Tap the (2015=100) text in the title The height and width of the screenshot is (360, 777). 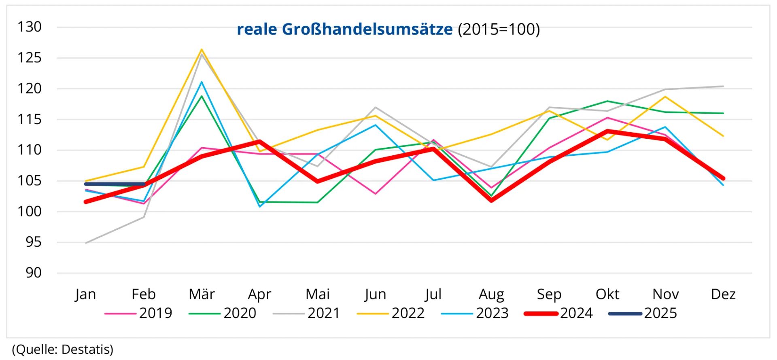click(499, 29)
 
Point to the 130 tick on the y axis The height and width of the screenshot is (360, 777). click(29, 27)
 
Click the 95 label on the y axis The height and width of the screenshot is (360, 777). click(33, 242)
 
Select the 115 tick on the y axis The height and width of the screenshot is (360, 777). click(29, 119)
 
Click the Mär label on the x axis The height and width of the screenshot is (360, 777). click(202, 294)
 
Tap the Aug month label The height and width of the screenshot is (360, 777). click(491, 294)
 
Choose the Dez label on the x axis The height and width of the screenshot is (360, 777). click(723, 294)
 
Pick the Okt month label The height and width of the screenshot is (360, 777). click(607, 294)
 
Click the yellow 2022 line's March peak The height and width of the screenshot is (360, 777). click(202, 50)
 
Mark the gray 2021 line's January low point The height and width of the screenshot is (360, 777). click(86, 243)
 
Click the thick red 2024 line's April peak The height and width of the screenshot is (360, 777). click(259, 142)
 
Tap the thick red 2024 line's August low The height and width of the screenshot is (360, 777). click(491, 200)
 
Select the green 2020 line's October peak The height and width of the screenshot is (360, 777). click(607, 101)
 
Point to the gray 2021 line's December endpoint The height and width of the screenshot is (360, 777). click(723, 86)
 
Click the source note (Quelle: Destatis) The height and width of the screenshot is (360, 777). click(63, 349)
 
